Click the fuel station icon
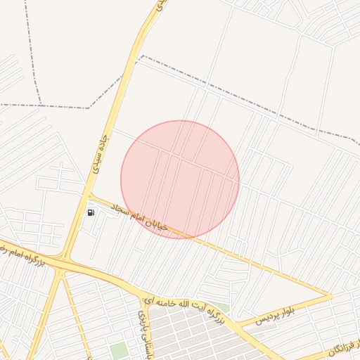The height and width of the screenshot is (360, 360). [91, 212]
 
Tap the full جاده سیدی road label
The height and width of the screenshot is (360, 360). [99, 154]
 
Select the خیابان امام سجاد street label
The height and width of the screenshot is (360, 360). [138, 214]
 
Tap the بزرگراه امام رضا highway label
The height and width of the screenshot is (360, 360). [21, 254]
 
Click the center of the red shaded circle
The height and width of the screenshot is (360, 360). [180, 180]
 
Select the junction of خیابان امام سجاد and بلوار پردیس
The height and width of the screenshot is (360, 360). [330, 296]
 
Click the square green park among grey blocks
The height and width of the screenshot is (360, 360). [118, 349]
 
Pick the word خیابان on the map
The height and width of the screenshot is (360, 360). [155, 222]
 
